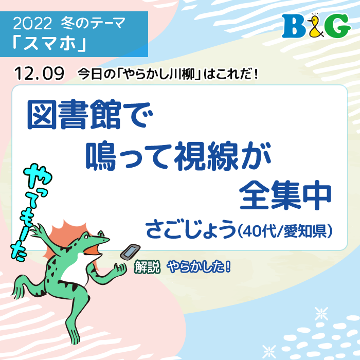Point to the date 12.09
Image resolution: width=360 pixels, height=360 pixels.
40,73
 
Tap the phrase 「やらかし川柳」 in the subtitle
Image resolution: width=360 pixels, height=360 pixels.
158,74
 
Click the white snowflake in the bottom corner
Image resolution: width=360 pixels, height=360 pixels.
322,314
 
